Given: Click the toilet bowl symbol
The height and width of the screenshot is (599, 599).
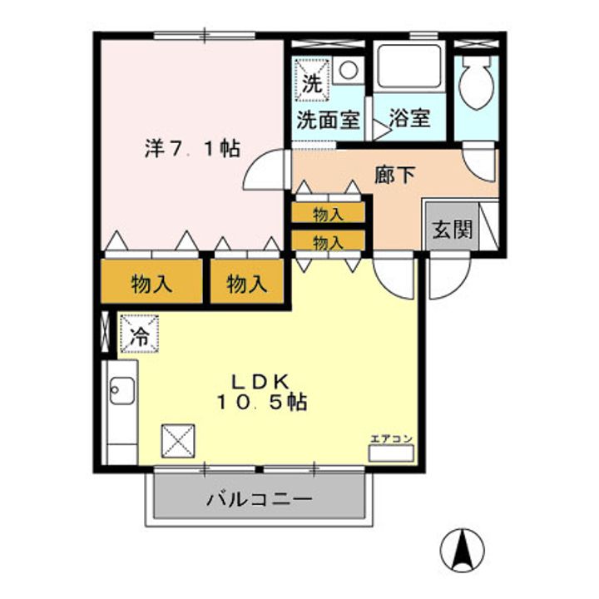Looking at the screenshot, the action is [x=475, y=83].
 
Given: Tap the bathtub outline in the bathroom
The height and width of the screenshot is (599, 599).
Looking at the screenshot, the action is [x=408, y=67].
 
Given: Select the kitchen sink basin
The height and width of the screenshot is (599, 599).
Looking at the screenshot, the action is [x=121, y=390].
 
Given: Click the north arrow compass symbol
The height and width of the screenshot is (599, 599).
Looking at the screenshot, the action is [x=463, y=550].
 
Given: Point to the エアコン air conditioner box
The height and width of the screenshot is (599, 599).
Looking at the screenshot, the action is [x=391, y=453].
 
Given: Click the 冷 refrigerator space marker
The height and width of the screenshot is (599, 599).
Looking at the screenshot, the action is [x=139, y=333].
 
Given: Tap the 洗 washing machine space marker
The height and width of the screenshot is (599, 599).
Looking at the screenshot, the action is [x=312, y=80].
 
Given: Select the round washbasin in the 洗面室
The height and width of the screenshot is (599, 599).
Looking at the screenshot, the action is [x=349, y=70].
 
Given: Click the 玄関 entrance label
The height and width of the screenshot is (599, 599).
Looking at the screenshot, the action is [x=453, y=230].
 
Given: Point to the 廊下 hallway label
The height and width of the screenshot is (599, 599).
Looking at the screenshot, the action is [x=394, y=176].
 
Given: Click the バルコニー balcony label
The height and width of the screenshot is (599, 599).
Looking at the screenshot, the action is [x=259, y=499].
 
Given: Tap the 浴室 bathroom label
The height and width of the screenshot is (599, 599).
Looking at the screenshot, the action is [x=409, y=118].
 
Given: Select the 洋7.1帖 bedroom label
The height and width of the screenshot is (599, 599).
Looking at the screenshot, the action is [x=192, y=148].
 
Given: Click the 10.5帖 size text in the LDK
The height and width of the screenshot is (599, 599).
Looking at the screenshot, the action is [x=262, y=403].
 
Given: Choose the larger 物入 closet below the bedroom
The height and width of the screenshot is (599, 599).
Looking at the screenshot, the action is [x=151, y=281].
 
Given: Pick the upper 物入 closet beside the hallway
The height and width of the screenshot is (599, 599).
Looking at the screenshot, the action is [x=328, y=213].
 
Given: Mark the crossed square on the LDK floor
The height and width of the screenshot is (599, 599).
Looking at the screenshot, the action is [x=178, y=441].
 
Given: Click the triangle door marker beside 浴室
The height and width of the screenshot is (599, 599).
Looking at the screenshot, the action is [x=381, y=131].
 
